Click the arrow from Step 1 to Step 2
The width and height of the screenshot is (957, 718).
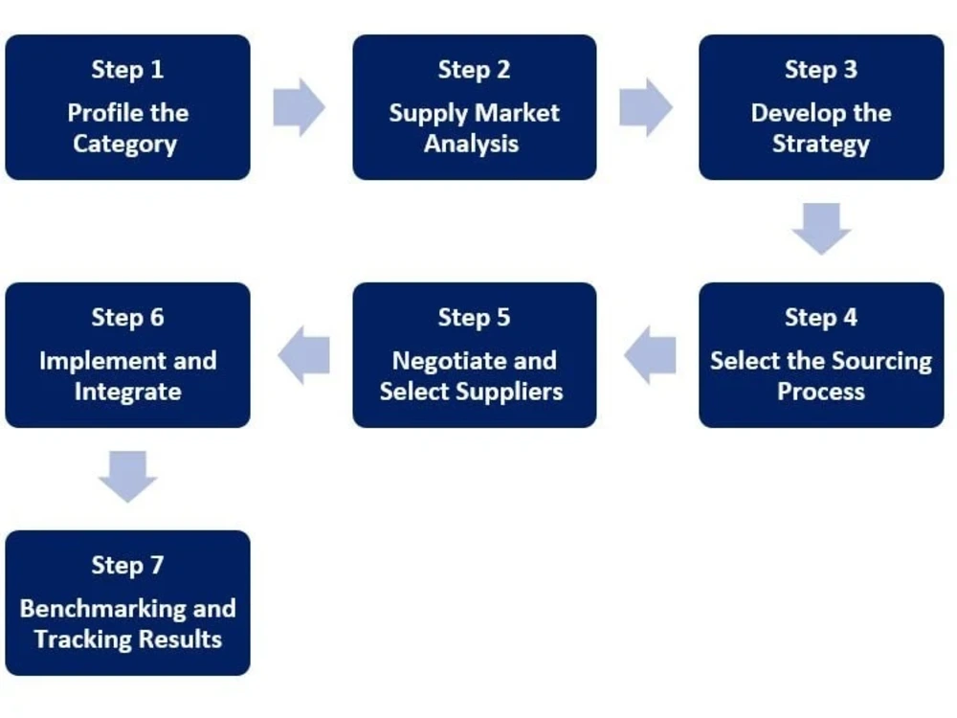click(299, 107)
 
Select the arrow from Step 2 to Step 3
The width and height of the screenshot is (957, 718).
click(646, 107)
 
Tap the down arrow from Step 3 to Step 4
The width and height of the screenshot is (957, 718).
click(821, 229)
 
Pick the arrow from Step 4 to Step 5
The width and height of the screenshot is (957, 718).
click(650, 355)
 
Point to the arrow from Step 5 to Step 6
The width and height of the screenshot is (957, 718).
click(304, 355)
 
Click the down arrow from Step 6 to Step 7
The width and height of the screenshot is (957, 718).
click(127, 477)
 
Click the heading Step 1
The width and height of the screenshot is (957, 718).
click(127, 70)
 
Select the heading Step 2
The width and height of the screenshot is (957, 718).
click(475, 70)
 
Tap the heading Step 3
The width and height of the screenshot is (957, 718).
click(821, 70)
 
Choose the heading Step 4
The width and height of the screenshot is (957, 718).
click(821, 318)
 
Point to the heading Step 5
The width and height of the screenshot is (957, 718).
click(475, 318)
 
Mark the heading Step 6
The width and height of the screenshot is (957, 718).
click(127, 318)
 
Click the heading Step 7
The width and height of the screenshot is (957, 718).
click(127, 566)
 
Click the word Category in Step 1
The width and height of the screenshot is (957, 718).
click(125, 145)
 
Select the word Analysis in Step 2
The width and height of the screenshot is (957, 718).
click(471, 145)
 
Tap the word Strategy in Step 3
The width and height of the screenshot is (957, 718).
click(821, 145)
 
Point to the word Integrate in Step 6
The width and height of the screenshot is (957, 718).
click(127, 392)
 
